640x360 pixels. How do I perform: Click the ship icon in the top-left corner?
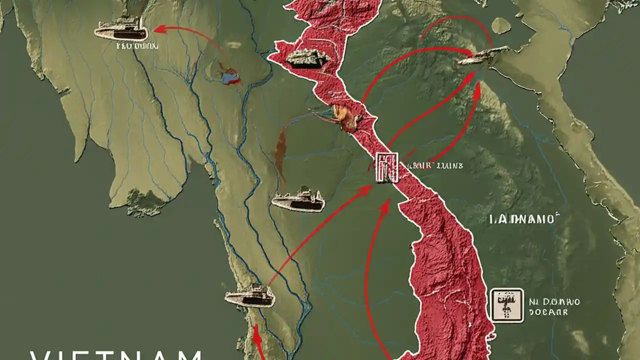click(x=121, y=30)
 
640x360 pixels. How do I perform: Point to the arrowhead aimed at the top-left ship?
click(x=159, y=30)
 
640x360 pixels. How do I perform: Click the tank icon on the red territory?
click(x=307, y=59)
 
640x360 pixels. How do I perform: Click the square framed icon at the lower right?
click(x=507, y=304)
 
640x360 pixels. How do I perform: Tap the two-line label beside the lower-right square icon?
click(x=554, y=306)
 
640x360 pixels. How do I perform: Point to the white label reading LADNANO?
click(x=522, y=218)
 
